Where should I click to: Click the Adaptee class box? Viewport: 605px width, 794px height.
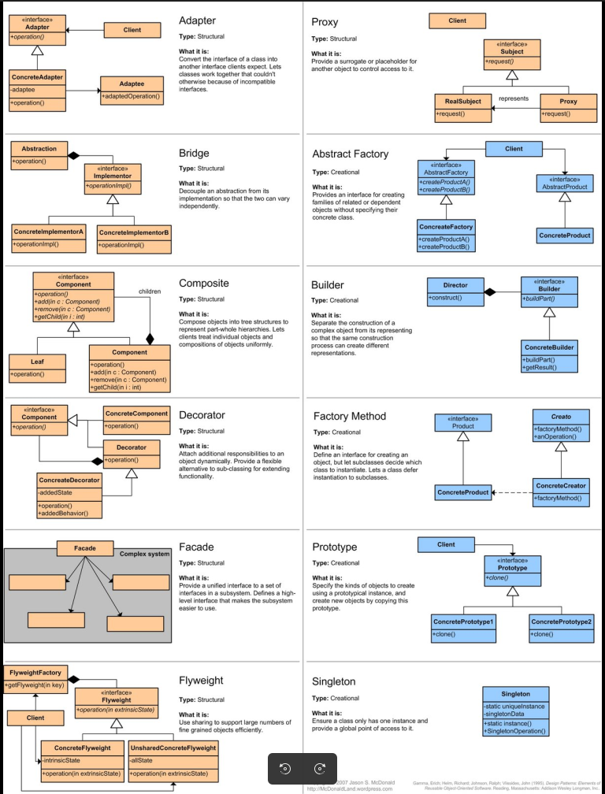coord(132,90)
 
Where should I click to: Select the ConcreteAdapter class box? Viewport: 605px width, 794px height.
coord(37,91)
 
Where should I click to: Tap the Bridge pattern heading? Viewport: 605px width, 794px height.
coord(194,153)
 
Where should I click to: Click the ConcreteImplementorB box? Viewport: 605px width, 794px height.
coord(134,239)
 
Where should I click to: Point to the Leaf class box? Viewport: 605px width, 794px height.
coord(37,367)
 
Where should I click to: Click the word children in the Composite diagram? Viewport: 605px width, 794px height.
coord(150,291)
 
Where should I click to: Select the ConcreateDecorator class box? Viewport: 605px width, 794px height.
coord(69,495)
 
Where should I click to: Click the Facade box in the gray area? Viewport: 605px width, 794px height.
coord(84,548)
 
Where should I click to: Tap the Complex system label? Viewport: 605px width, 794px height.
coord(144,554)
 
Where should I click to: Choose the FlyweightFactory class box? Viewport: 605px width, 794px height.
coord(35,679)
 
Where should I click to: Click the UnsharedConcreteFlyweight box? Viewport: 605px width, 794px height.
coord(173,760)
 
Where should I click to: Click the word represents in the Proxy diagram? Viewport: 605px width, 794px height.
coord(514,98)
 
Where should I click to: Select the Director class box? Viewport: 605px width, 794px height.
coord(455,291)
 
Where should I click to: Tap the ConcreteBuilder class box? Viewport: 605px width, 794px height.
coord(549,355)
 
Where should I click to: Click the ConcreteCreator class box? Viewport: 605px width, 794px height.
coord(561,492)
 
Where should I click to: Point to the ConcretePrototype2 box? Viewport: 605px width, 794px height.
coord(561,627)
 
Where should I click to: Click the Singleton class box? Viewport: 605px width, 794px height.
coord(515,711)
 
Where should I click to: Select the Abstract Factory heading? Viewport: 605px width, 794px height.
coord(350,154)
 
